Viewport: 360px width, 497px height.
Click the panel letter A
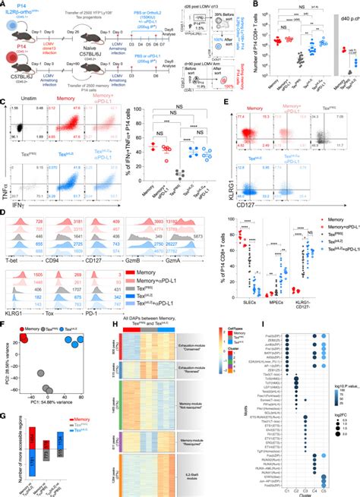click(x=4, y=5)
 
